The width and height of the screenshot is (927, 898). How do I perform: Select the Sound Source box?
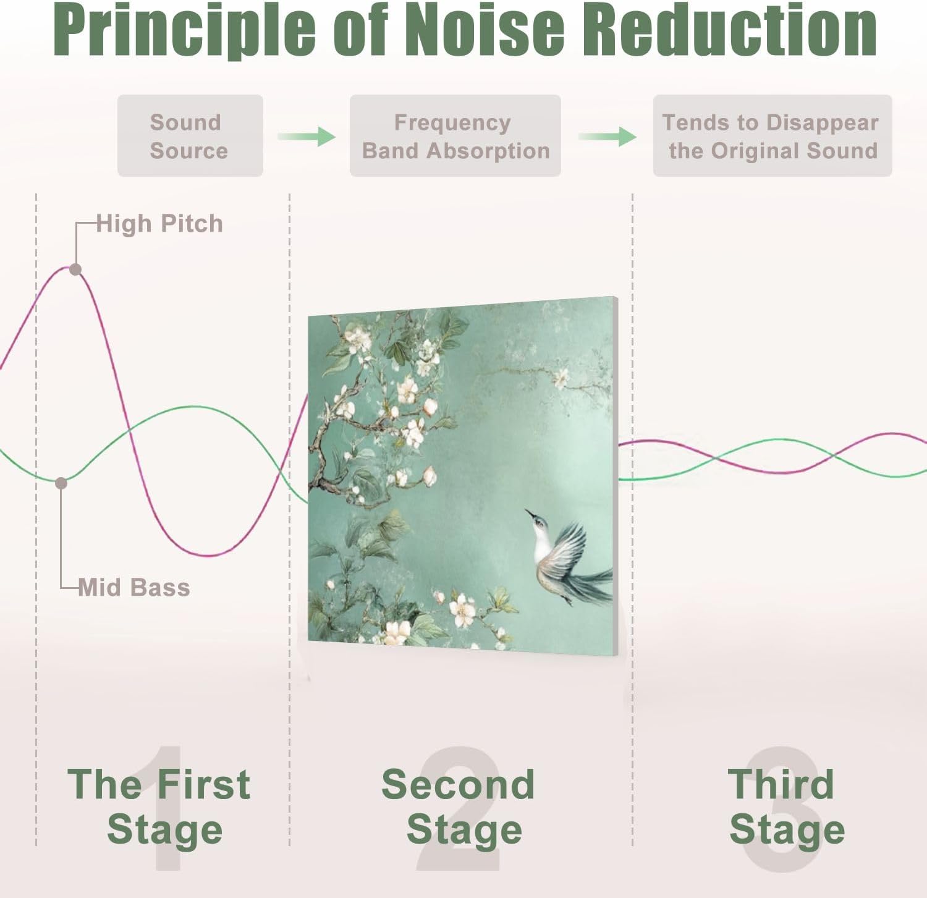190,136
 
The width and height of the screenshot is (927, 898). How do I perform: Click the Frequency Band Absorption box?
455,136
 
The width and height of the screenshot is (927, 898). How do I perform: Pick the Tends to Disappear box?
772,136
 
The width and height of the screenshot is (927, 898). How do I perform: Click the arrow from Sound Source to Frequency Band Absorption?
307,136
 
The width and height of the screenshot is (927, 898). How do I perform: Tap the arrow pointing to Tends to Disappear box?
607,136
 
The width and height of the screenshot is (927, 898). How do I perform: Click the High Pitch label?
159,224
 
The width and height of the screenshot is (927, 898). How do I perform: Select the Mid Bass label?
134,587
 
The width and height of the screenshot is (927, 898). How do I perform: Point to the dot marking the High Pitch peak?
75,269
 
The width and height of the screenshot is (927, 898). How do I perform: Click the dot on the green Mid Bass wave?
61,483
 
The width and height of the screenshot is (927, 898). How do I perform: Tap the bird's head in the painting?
540,524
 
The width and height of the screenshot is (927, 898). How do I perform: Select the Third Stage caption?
784,806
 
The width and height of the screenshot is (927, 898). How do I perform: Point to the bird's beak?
529,513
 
